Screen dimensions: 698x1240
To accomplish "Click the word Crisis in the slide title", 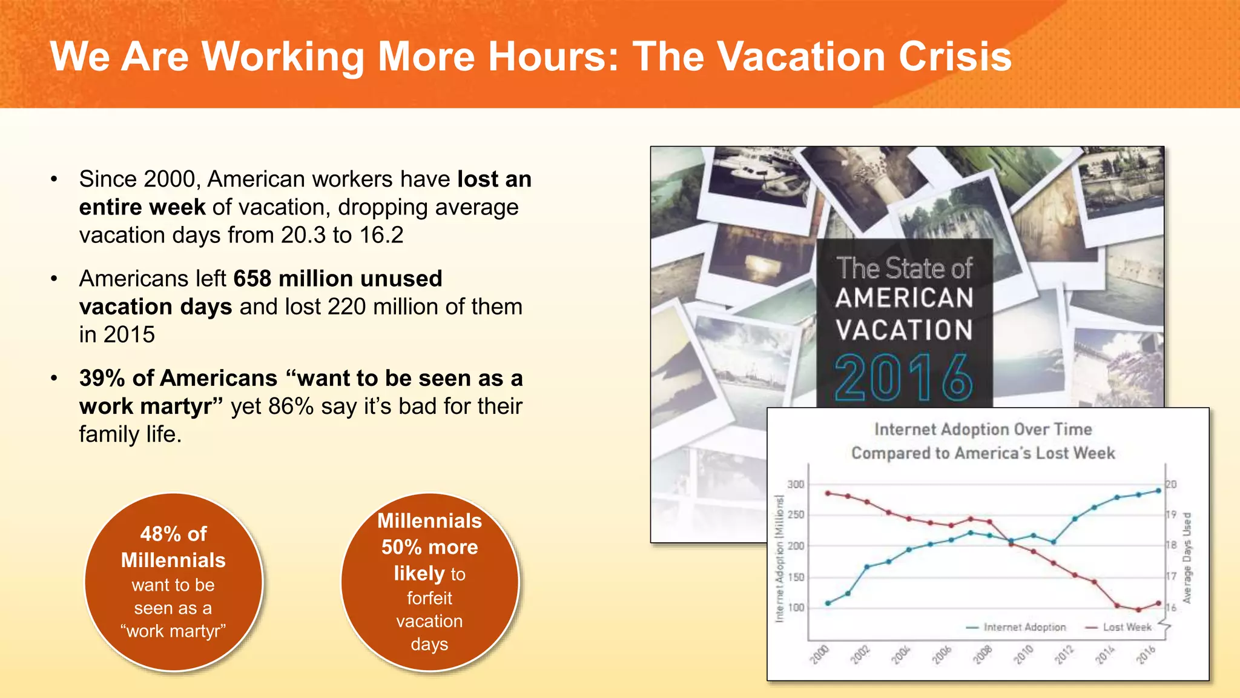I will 955,56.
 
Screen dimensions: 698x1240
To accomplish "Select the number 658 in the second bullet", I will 252,279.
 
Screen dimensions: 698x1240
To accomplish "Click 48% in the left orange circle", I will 160,534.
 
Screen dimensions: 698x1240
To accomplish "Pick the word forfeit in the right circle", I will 429,599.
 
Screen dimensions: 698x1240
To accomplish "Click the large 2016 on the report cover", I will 903,378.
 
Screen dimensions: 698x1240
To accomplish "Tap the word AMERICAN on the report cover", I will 905,298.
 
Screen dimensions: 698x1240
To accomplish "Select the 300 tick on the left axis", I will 796,485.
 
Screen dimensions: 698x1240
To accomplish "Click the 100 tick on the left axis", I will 796,608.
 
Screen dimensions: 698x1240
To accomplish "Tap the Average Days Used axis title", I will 1187,558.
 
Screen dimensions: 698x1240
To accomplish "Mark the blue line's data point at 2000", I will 828,603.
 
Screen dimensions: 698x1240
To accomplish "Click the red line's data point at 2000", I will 828,493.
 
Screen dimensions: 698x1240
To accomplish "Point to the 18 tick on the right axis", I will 1172,545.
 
